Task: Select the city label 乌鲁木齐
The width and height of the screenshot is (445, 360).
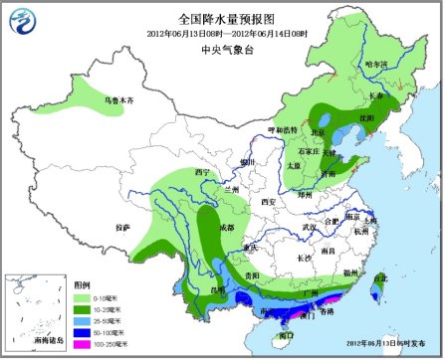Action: click(x=118, y=100)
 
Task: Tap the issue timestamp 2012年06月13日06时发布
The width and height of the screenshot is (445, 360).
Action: click(x=383, y=343)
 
